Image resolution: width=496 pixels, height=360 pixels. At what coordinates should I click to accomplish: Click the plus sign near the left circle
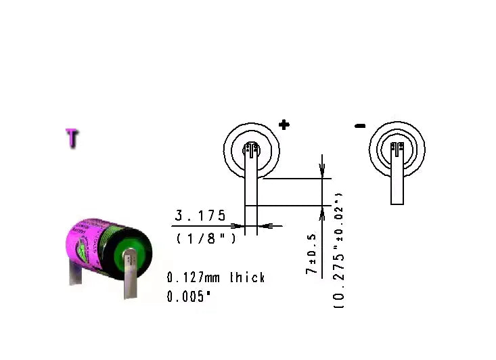(284, 125)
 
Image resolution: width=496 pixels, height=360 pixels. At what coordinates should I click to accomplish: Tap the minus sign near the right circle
(360, 125)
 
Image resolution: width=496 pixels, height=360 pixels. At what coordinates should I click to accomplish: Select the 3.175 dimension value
(200, 216)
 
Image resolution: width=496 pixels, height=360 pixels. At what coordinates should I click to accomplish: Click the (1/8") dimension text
(206, 239)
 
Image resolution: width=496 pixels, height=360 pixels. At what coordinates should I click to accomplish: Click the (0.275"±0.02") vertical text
(339, 250)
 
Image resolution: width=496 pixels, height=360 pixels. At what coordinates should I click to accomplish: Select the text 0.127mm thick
(216, 277)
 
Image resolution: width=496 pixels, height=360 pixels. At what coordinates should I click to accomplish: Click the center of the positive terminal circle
(252, 148)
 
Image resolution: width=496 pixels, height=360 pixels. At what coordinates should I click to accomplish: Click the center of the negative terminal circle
(397, 148)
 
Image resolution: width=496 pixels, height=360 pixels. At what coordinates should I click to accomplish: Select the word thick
(247, 277)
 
